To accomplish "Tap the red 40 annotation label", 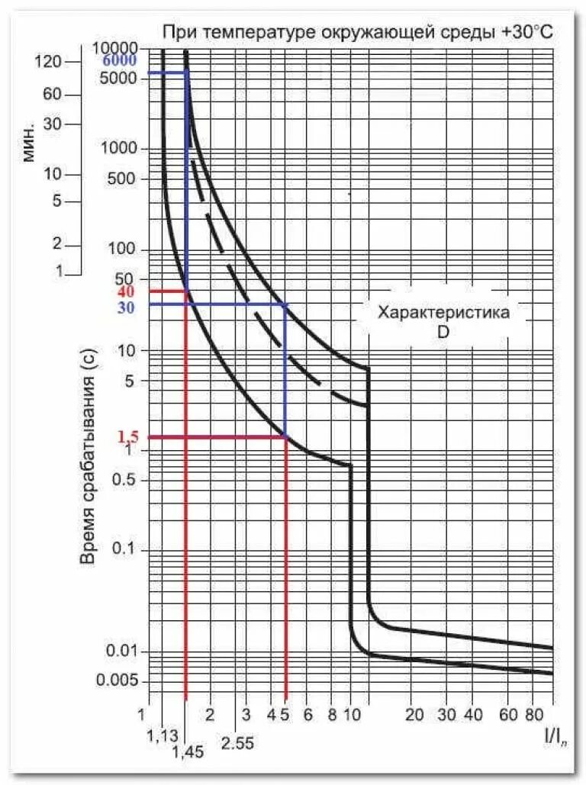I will [127, 292].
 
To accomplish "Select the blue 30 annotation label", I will [127, 308].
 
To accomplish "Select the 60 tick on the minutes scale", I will [52, 95].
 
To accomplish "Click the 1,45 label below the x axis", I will [187, 751].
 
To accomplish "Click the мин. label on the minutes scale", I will [29, 140].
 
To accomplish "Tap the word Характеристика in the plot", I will [443, 313].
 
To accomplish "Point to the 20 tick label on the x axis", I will [414, 715].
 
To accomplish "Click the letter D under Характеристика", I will [443, 333].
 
